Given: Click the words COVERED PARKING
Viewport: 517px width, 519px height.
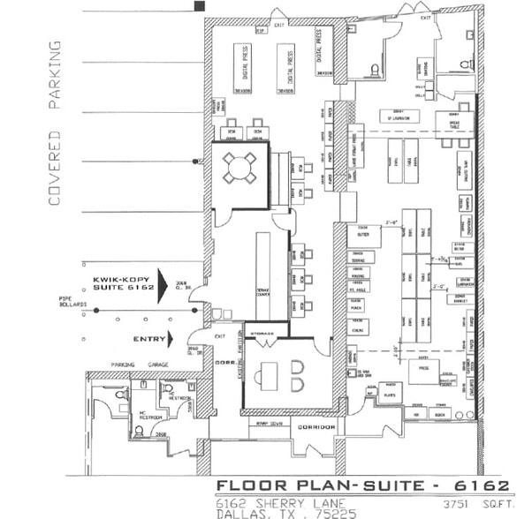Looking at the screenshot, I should (x=55, y=123).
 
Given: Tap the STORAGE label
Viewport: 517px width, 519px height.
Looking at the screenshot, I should (x=263, y=334).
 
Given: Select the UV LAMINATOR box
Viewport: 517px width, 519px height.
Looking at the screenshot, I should (x=401, y=117).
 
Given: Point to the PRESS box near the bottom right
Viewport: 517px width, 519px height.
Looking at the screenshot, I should (x=425, y=370).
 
